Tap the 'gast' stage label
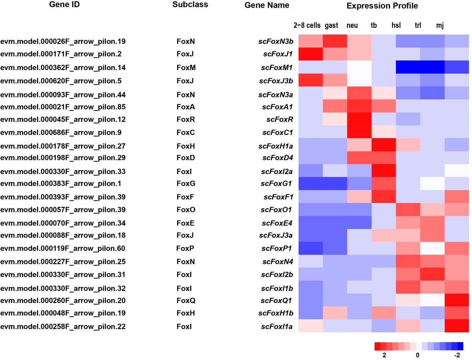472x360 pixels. coord(332,26)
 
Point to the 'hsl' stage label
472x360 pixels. coord(396,26)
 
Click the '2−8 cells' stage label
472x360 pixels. coord(307,26)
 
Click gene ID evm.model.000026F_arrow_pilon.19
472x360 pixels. coord(63,41)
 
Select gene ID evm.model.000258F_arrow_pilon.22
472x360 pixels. coord(63,327)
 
